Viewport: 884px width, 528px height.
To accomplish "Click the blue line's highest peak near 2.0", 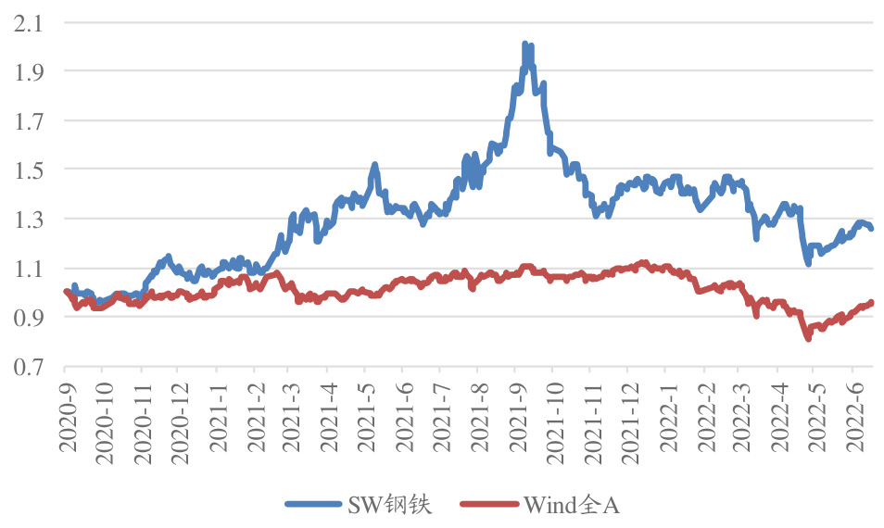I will [x=525, y=44].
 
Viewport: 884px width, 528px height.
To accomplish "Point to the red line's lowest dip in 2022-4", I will [x=808, y=338].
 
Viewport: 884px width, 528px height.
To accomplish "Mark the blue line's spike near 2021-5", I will [x=375, y=165].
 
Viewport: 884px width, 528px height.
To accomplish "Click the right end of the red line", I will [x=871, y=303].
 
